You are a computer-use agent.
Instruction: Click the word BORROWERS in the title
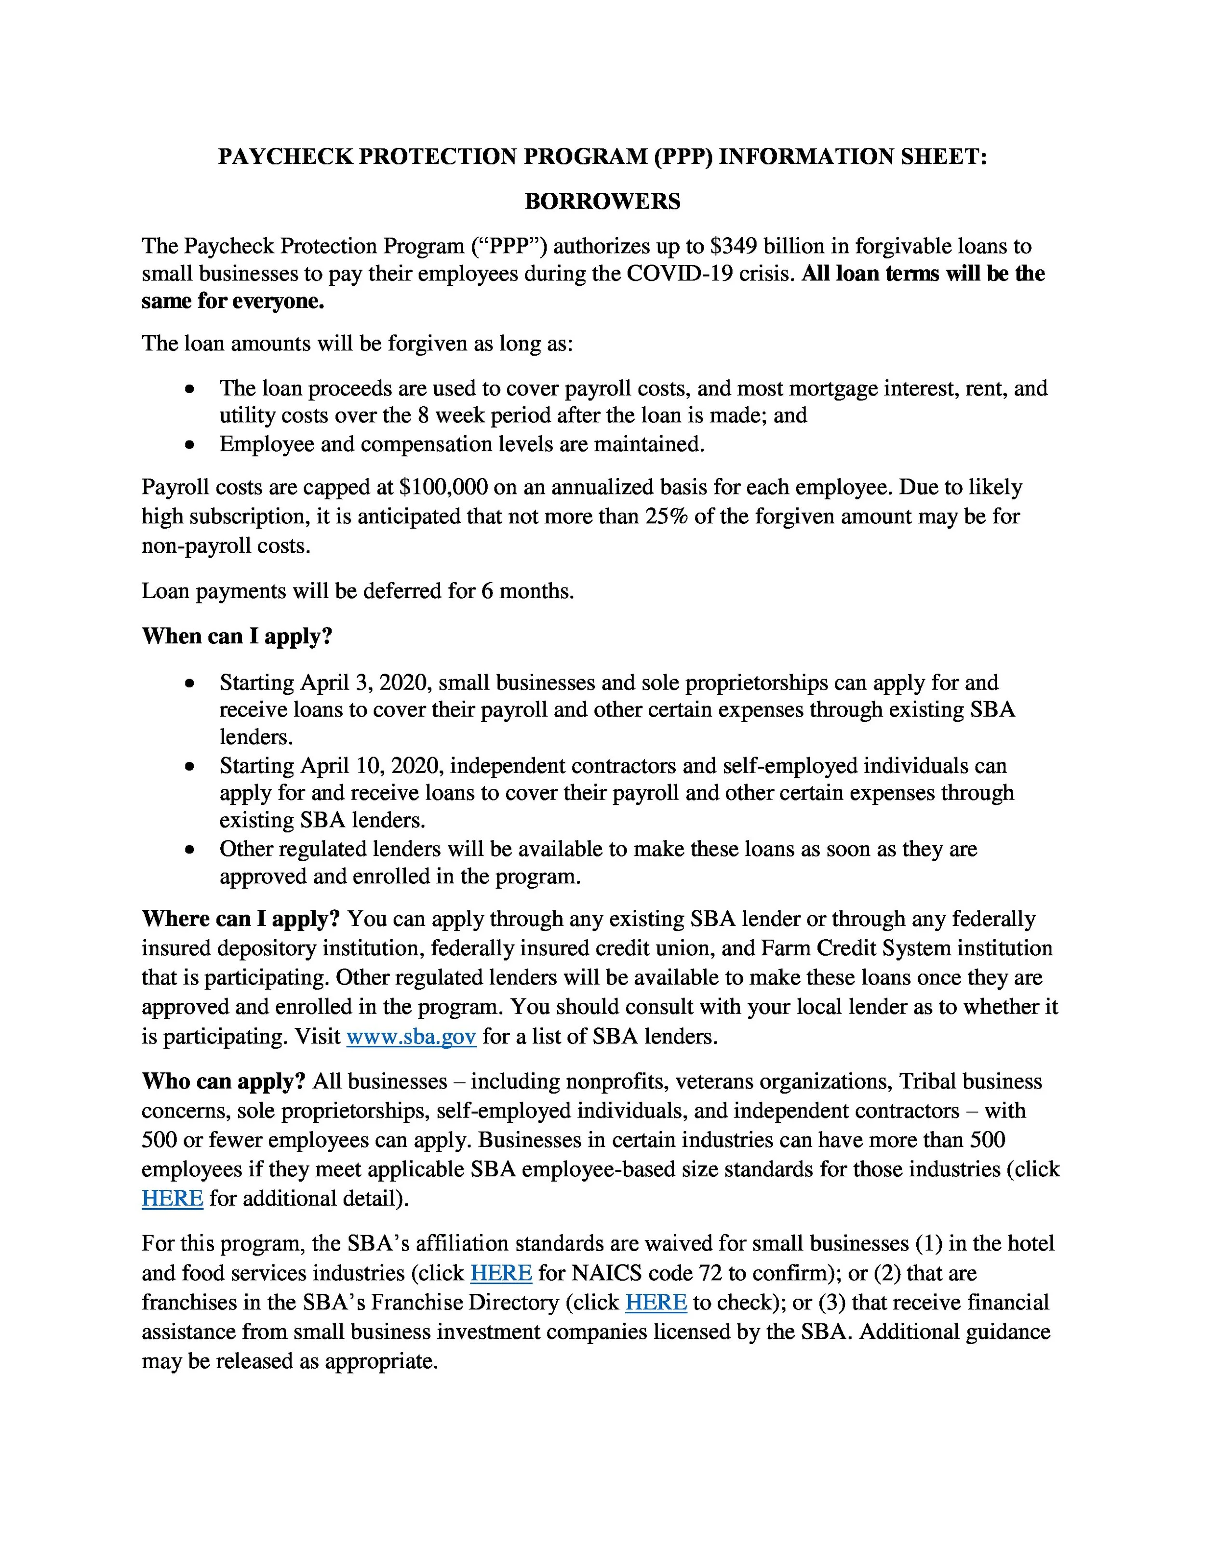pos(602,201)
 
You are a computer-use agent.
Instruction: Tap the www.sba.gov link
pos(411,1036)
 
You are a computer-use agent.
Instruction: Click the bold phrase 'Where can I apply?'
pos(241,918)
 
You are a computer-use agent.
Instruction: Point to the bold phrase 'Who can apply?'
pos(224,1081)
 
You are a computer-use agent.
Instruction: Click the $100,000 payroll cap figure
pos(443,488)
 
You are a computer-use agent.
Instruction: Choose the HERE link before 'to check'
pos(656,1302)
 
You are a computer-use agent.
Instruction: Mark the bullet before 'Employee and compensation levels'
pos(189,445)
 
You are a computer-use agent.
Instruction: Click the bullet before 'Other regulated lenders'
pos(189,850)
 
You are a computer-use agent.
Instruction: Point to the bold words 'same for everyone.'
pos(233,301)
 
